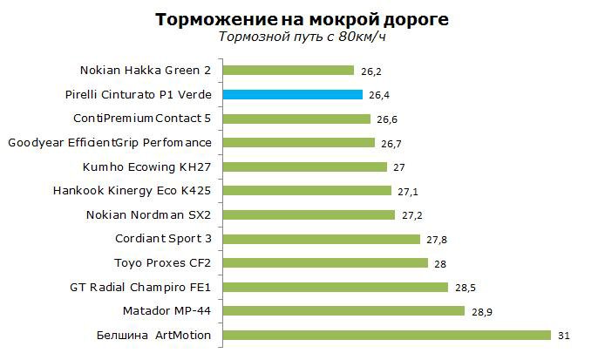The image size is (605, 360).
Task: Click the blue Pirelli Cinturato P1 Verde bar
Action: (292, 95)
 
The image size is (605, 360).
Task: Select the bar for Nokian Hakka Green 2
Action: (289, 71)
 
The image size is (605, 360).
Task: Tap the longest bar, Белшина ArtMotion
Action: (387, 335)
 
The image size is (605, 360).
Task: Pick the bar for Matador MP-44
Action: (344, 310)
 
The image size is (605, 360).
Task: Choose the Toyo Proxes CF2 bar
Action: (326, 262)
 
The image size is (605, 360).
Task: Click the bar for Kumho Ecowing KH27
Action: (306, 166)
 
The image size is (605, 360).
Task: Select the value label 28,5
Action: (463, 287)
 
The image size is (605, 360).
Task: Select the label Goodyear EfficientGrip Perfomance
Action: (110, 142)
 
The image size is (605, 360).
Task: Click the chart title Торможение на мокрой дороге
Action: (302, 18)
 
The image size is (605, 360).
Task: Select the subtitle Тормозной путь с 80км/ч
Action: (302, 37)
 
